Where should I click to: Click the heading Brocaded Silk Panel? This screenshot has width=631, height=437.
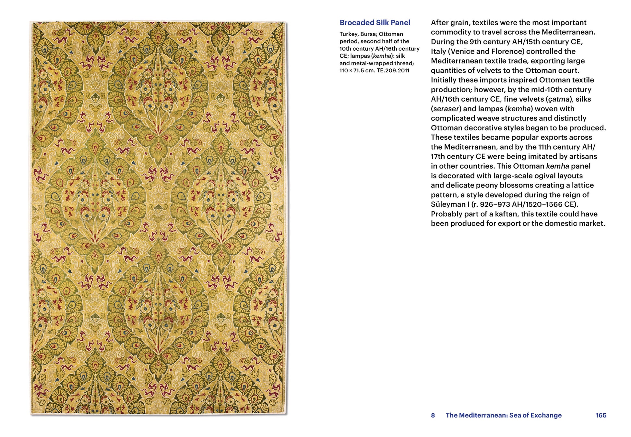(x=375, y=23)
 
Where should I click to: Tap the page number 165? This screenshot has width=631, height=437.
(x=601, y=415)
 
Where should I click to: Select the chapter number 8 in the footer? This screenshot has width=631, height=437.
(x=433, y=415)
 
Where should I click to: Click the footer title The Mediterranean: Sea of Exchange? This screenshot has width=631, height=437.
(x=503, y=415)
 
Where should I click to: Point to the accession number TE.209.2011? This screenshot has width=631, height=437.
(x=393, y=70)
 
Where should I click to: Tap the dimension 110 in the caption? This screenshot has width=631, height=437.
(x=344, y=70)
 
